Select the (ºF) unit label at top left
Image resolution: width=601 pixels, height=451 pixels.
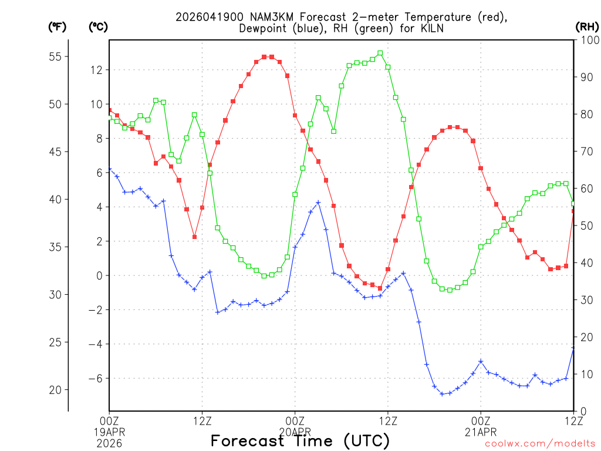click(57, 27)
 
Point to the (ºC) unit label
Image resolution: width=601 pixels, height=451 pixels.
click(98, 27)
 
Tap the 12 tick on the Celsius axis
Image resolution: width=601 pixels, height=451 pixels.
click(96, 70)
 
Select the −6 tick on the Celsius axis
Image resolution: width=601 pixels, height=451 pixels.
click(94, 378)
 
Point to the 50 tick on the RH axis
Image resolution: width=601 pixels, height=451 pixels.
click(586, 225)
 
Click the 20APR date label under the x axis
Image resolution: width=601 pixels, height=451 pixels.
click(295, 431)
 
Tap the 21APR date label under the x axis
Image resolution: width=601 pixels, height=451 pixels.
click(481, 431)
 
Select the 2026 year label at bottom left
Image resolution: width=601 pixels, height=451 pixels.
click(109, 443)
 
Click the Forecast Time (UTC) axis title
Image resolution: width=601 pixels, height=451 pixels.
click(300, 441)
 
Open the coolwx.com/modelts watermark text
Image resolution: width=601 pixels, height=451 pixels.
click(540, 444)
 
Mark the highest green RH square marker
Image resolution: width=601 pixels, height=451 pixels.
click(380, 53)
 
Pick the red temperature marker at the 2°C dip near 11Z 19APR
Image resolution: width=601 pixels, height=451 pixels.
click(194, 237)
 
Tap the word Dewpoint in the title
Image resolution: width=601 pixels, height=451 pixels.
click(263, 28)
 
